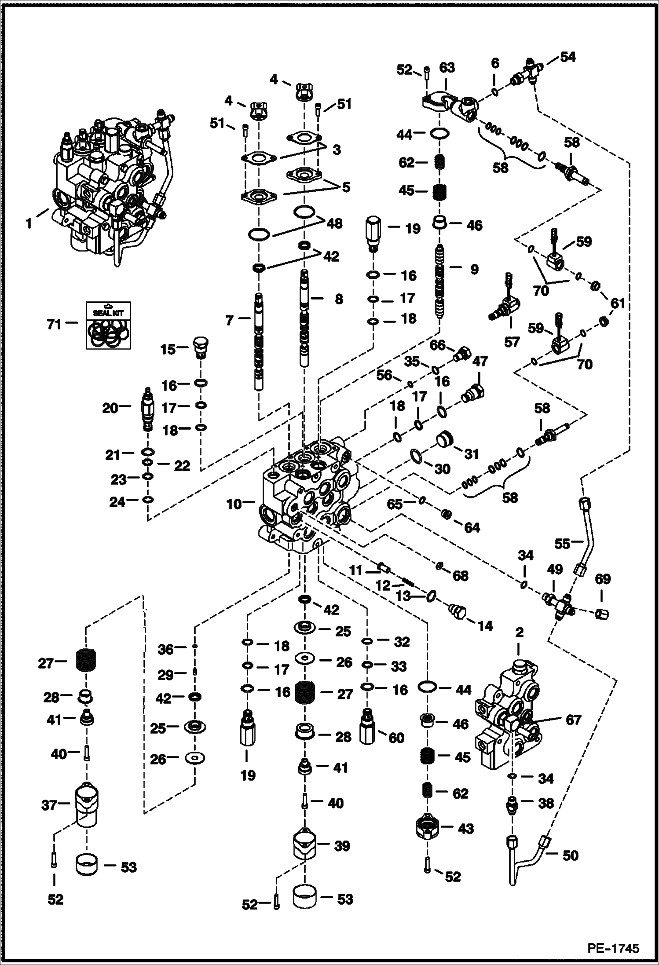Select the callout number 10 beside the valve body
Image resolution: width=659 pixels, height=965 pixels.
(234, 504)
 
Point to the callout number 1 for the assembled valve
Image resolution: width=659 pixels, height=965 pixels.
(29, 224)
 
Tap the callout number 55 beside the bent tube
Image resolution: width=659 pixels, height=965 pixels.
(562, 544)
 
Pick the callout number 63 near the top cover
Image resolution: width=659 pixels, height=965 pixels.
(447, 68)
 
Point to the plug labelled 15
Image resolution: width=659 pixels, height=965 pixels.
(201, 347)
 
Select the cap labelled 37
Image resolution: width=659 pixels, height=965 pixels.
(86, 804)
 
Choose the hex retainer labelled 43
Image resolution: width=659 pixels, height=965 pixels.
(428, 829)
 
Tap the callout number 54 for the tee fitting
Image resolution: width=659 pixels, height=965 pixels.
(567, 57)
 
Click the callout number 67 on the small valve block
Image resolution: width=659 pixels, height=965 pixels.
(573, 720)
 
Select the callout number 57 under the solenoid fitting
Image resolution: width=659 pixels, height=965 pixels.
(512, 342)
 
